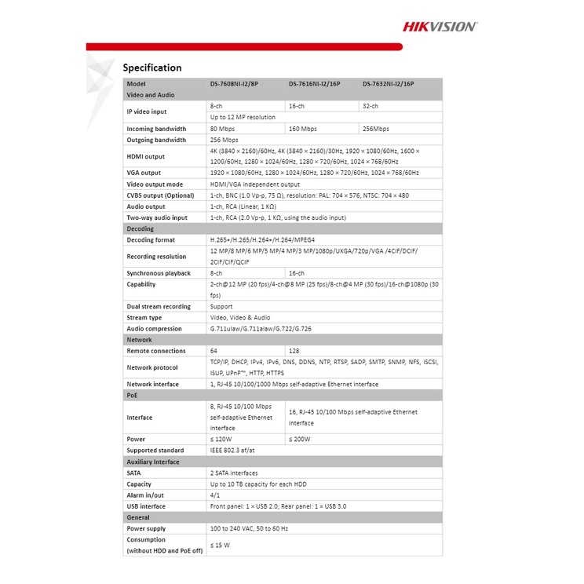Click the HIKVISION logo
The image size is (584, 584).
coord(440,26)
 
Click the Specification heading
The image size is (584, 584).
coord(151,68)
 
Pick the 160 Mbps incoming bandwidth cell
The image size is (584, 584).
coord(303,129)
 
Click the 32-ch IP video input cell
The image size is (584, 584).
coord(370,105)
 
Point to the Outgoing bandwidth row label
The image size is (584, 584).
coord(156,140)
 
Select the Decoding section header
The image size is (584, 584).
coord(141,228)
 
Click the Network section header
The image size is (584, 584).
coord(140,340)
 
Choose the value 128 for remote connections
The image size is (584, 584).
coord(294,351)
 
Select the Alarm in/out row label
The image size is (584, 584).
coord(144,495)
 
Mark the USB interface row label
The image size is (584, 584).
coord(146,506)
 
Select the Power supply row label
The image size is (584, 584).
coord(146,529)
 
